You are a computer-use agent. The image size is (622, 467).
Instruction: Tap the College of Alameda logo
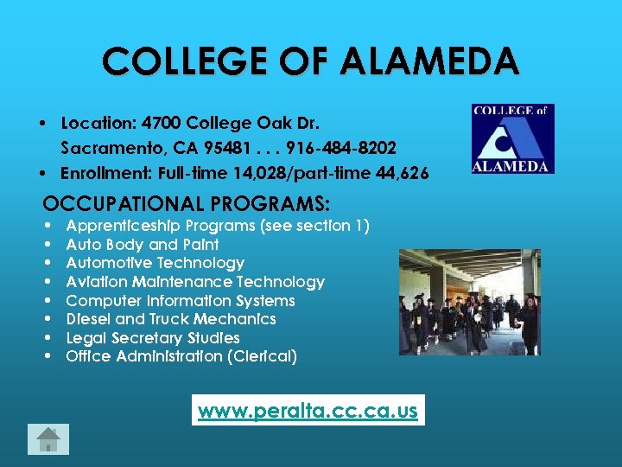point(512,138)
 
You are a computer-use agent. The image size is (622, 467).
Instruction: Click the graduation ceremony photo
point(469,302)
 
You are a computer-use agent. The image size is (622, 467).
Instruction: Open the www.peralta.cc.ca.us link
point(308,411)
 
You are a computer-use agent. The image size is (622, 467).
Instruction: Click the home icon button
point(48,440)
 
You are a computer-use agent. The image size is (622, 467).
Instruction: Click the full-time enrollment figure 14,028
point(261,174)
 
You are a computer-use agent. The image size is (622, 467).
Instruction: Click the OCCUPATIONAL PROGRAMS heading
point(186,204)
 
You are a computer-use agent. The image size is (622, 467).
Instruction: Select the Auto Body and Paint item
point(143,245)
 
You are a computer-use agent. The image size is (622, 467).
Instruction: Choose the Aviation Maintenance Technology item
point(195,282)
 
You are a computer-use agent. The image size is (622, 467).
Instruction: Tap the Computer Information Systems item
point(181,301)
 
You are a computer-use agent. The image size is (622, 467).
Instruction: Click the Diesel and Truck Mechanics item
point(171,319)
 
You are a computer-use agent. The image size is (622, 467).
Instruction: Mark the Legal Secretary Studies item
point(153,338)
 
